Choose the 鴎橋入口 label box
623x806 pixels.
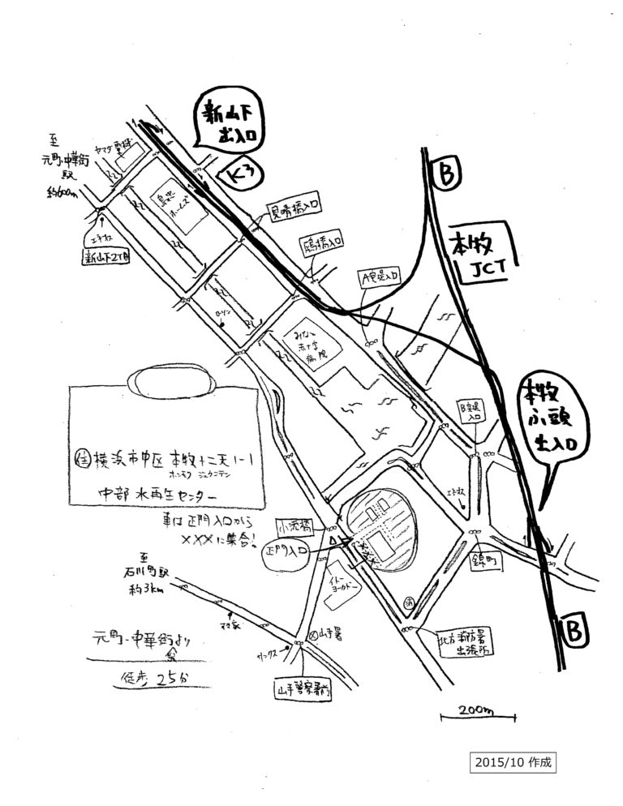tap(324, 240)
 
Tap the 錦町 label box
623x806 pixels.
tap(481, 559)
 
